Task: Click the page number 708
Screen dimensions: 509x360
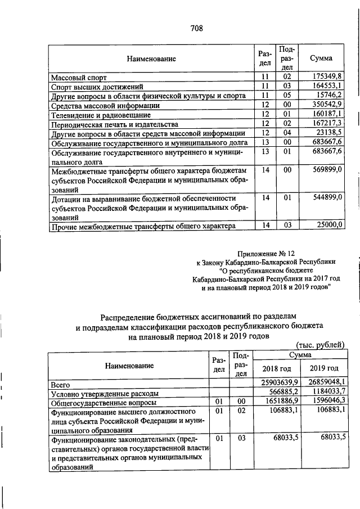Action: point(196,28)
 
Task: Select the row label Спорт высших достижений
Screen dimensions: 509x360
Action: point(97,86)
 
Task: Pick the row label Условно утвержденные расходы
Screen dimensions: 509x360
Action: point(104,393)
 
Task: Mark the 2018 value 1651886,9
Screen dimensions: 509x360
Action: point(277,402)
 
